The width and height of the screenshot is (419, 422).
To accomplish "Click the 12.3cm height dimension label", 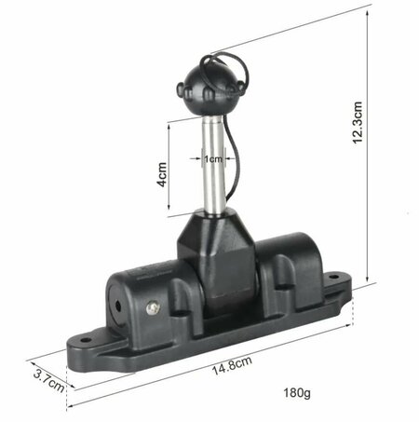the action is click(358, 122).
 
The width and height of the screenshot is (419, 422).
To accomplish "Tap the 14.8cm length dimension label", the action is click(232, 365).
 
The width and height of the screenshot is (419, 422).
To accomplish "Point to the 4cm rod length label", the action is click(162, 174).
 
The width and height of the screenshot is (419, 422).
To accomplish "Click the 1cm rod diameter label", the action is click(213, 159).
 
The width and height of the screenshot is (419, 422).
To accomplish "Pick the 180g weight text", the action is click(297, 393).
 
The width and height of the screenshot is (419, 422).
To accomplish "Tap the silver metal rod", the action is click(213, 165).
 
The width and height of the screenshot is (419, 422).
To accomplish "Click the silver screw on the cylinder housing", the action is click(153, 308).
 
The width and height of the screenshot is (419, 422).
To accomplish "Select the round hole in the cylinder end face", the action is click(118, 306).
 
